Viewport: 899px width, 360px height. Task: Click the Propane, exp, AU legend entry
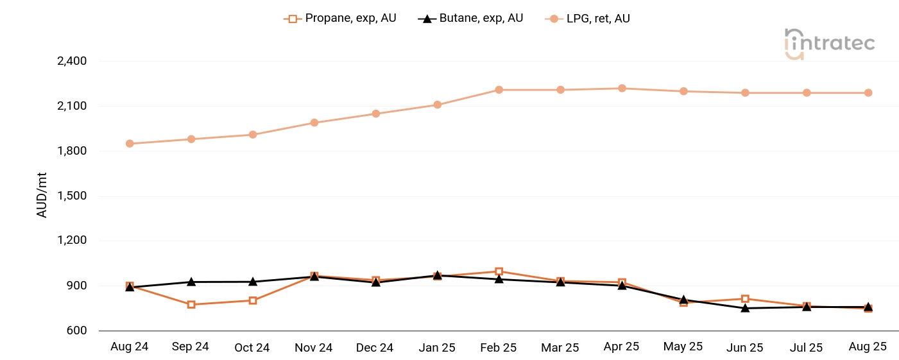tap(340, 19)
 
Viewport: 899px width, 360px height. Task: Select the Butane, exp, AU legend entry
tap(471, 19)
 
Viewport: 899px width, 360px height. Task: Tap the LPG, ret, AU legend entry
tap(588, 19)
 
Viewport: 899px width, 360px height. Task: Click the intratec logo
tap(829, 44)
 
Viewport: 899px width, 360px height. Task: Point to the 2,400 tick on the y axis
tap(72, 61)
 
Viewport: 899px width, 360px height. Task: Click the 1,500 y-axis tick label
tap(72, 196)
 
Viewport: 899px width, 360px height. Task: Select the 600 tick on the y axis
tap(76, 330)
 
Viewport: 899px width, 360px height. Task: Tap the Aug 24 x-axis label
tap(129, 347)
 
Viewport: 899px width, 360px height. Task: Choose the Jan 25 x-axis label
tap(437, 347)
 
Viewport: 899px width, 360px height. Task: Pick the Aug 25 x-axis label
tap(868, 347)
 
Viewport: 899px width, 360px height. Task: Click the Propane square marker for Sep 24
tap(191, 304)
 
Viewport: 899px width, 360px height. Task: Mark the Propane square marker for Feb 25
tap(499, 271)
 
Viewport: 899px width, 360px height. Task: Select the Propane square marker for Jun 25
tap(745, 299)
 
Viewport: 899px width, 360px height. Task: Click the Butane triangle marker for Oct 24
tap(253, 282)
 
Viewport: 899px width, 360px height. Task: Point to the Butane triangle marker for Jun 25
tap(745, 308)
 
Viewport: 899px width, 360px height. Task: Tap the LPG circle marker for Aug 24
tap(130, 144)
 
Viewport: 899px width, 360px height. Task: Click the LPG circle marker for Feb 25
tap(499, 90)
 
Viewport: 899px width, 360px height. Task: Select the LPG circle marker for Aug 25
tap(868, 92)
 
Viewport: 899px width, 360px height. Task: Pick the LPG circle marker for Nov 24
tap(314, 123)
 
